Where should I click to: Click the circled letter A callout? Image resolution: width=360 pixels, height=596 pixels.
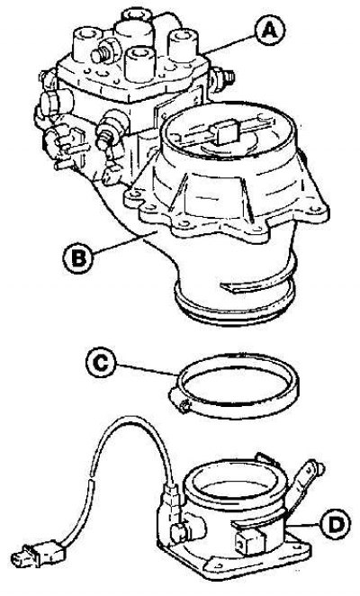click(270, 32)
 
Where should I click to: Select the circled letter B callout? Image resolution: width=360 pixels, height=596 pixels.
click(78, 258)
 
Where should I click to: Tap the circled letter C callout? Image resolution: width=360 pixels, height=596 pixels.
click(101, 363)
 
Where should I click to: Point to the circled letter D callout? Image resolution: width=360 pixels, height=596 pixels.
click(335, 525)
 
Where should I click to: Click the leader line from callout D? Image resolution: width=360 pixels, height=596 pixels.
click(302, 525)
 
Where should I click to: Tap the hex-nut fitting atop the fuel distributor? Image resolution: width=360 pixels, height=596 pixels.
click(103, 53)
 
